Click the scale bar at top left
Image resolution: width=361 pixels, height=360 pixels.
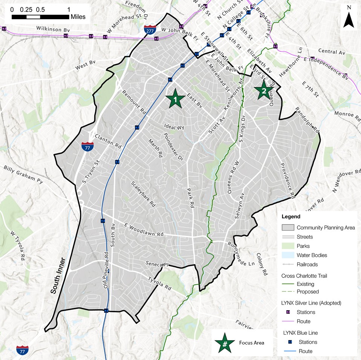(40, 17)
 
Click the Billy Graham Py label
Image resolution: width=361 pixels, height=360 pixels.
(23, 174)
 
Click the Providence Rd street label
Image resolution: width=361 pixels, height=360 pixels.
(287, 181)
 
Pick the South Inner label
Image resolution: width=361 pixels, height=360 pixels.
(58, 276)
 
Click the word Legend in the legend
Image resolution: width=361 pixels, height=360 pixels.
(291, 217)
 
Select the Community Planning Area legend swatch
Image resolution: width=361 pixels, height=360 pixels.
(288, 228)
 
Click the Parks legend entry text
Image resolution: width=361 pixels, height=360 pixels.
(303, 246)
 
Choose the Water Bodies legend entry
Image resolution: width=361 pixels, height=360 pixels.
(312, 255)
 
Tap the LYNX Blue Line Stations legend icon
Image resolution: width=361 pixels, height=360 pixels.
(290, 342)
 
